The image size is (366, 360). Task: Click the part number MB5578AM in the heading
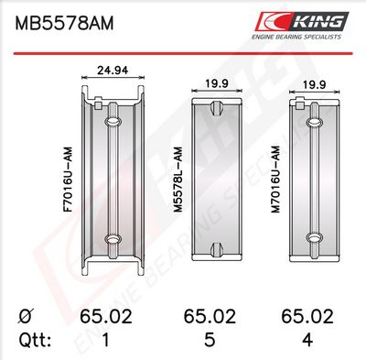pyautogui.click(x=64, y=23)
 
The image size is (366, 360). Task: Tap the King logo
pyautogui.click(x=302, y=21)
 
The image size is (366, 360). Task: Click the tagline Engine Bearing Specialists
pyautogui.click(x=296, y=37)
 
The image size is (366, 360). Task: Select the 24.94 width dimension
pyautogui.click(x=113, y=71)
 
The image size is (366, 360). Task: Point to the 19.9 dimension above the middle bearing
pyautogui.click(x=217, y=83)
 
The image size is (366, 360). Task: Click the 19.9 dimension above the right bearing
pyautogui.click(x=314, y=84)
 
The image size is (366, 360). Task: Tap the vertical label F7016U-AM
pyautogui.click(x=68, y=180)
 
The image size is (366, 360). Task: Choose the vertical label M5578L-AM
pyautogui.click(x=178, y=180)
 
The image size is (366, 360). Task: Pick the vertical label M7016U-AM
pyautogui.click(x=275, y=180)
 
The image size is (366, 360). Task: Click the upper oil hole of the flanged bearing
pyautogui.click(x=113, y=122)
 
